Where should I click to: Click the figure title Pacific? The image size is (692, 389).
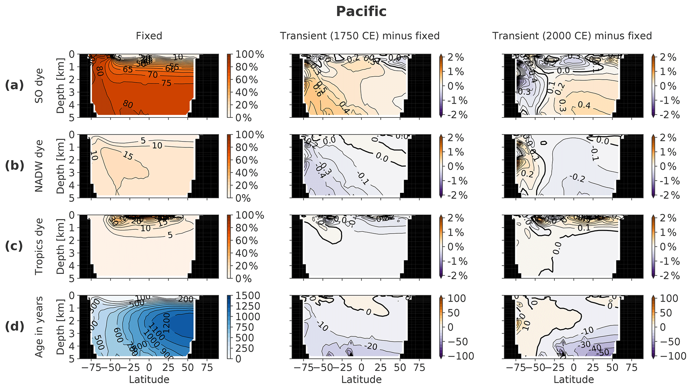click(361, 11)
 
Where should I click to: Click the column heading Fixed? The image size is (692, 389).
click(149, 36)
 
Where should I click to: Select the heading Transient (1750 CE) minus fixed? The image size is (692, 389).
click(360, 36)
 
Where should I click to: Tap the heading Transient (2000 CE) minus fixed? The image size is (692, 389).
click(572, 36)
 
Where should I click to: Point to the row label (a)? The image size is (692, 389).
click(14, 85)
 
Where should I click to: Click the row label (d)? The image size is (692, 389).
click(14, 326)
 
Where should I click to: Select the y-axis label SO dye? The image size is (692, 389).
click(39, 85)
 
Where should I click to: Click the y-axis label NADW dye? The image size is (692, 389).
click(39, 166)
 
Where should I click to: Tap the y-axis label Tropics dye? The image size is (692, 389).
click(39, 246)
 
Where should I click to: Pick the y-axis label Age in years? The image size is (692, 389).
click(39, 327)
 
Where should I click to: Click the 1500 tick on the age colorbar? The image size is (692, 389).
click(248, 296)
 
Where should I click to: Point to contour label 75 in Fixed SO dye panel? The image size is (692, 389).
click(166, 83)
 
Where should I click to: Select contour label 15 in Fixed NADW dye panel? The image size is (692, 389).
click(128, 155)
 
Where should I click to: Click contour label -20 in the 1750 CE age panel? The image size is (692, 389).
click(372, 346)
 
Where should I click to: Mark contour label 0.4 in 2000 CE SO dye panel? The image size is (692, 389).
click(584, 105)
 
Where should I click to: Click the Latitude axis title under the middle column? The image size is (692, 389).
click(361, 380)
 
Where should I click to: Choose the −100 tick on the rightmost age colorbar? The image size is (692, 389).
click(665, 356)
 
